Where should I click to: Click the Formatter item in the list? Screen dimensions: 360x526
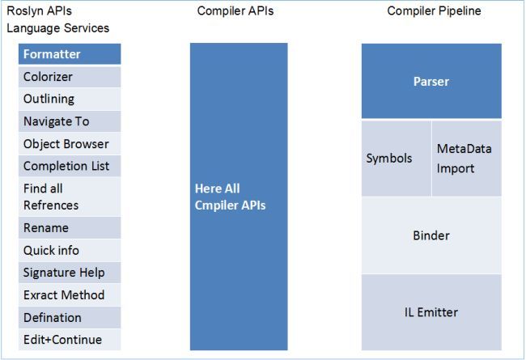[70, 54]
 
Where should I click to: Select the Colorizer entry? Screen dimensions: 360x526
[70, 77]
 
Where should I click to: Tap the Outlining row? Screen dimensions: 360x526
[70, 99]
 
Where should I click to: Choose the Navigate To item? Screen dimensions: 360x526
[70, 121]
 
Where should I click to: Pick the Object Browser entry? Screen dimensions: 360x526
[70, 144]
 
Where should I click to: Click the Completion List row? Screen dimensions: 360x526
[70, 166]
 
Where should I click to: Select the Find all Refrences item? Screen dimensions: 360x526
[70, 197]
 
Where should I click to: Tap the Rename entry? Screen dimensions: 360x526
[70, 227]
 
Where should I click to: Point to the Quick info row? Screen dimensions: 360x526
[70, 250]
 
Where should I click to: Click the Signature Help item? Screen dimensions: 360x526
[70, 273]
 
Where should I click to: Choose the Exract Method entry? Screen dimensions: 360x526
[70, 294]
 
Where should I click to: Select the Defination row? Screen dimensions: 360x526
[70, 317]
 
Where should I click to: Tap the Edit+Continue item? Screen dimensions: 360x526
[70, 340]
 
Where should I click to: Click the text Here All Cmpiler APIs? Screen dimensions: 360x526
[230, 197]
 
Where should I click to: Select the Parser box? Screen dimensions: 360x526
[431, 81]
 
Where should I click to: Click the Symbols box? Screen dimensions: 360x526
[396, 159]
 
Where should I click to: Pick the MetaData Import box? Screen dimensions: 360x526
[466, 159]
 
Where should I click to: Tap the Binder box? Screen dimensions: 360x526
[431, 235]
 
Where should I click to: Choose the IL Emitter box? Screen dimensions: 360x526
[431, 311]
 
